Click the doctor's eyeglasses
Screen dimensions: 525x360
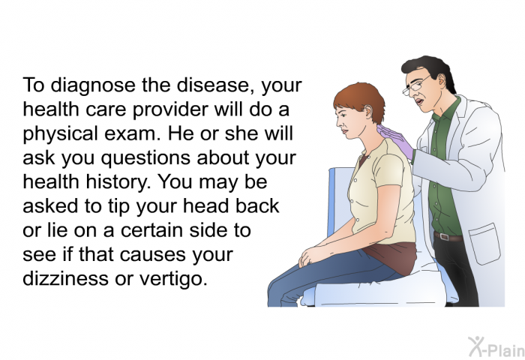pyautogui.click(x=415, y=85)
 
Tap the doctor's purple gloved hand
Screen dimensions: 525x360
pyautogui.click(x=396, y=141)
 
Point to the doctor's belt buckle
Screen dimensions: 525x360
pyautogui.click(x=444, y=237)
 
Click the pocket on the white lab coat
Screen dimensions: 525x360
pyautogui.click(x=484, y=244)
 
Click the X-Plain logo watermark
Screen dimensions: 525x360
pyautogui.click(x=496, y=346)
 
